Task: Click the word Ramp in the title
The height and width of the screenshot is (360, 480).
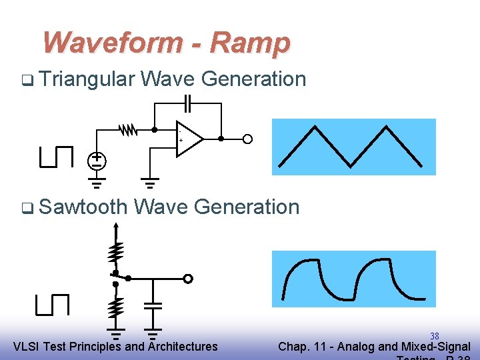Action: tap(251, 43)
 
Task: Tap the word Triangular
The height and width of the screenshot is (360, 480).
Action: tap(87, 79)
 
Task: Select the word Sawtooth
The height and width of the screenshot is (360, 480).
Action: tap(83, 207)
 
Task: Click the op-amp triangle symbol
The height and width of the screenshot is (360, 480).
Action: tap(189, 139)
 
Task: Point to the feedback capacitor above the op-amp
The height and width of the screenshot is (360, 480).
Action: tap(188, 103)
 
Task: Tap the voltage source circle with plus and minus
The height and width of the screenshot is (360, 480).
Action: tap(97, 160)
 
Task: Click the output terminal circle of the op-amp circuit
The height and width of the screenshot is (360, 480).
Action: tap(247, 139)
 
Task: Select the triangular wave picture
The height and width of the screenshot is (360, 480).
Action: tap(353, 147)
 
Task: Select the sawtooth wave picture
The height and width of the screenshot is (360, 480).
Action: tap(353, 279)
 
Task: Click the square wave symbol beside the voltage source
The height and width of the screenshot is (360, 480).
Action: tap(55, 157)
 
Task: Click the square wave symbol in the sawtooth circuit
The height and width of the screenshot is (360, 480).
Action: tap(53, 304)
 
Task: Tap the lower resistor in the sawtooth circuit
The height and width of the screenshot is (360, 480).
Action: tap(116, 307)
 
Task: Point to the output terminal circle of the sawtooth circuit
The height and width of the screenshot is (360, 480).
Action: tap(189, 279)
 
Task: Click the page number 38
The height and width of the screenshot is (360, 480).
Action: tap(435, 336)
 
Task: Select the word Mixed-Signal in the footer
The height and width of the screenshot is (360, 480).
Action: tap(437, 347)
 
